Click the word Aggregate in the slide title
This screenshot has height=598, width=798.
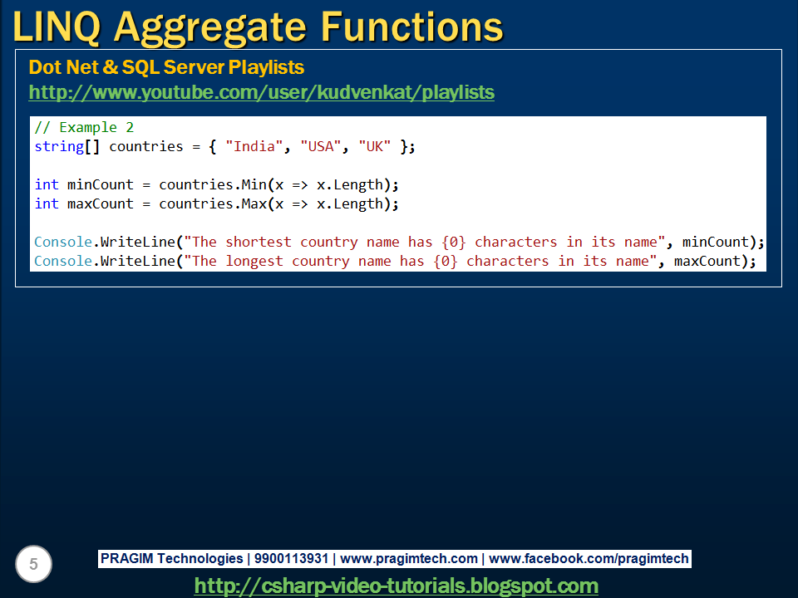click(x=209, y=28)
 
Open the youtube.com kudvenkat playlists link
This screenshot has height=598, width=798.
click(x=262, y=92)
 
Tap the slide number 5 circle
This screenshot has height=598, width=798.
click(x=33, y=564)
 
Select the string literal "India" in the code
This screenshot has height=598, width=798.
click(x=254, y=146)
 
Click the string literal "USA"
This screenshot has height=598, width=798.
click(x=321, y=146)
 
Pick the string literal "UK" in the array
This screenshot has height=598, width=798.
click(x=375, y=146)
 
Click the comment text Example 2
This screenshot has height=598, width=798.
click(x=96, y=127)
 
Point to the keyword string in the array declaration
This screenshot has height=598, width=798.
click(x=59, y=147)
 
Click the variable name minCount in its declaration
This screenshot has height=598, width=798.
click(x=101, y=184)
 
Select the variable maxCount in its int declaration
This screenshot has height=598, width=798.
click(x=101, y=204)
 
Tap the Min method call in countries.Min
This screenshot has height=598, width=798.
click(x=254, y=184)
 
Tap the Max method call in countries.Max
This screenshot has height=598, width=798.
click(x=254, y=204)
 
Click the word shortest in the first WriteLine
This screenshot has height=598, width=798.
click(x=259, y=242)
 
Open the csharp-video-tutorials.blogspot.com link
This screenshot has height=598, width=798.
click(x=397, y=586)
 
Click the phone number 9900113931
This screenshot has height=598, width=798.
click(x=291, y=558)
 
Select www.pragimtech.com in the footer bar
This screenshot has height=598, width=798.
click(x=409, y=559)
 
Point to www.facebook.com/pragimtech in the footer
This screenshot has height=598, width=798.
click(x=589, y=559)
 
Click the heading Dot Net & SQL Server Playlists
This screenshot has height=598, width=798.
click(x=166, y=67)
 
